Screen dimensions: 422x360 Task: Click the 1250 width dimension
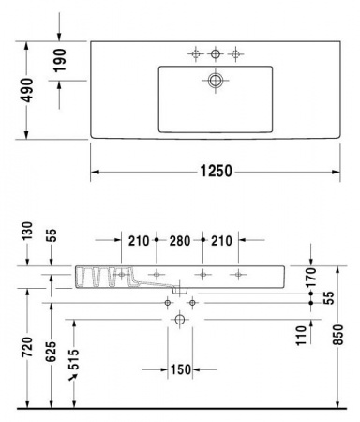[216, 172]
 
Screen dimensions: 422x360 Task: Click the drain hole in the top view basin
[215, 82]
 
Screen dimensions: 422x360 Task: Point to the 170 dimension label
[312, 276]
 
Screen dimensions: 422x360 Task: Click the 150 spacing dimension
[180, 368]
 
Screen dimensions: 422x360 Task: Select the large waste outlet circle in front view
[180, 321]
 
